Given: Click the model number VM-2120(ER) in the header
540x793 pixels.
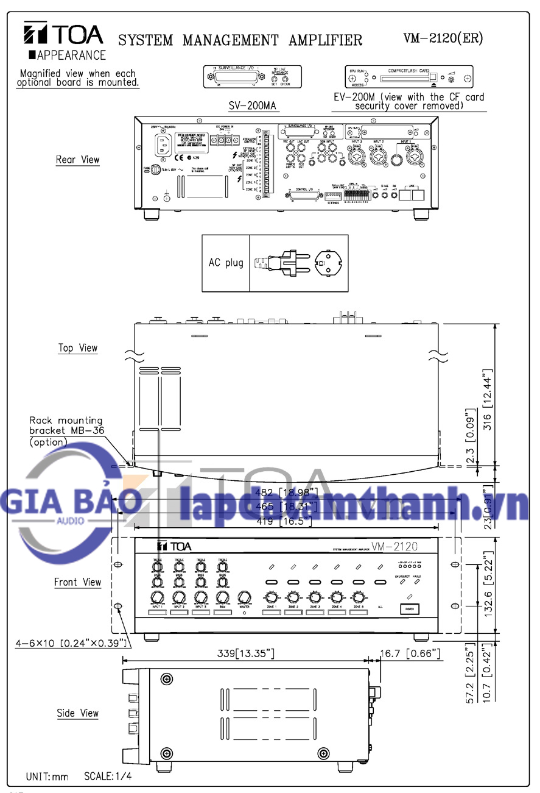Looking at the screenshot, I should click(443, 38).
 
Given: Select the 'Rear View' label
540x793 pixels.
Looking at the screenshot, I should click(77, 160).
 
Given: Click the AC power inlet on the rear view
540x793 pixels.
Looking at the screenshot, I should click(166, 145).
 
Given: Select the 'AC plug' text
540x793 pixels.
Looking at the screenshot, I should click(226, 263).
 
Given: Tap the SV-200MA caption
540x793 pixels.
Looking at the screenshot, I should click(252, 106).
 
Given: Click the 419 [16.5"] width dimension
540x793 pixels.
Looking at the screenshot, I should click(284, 521).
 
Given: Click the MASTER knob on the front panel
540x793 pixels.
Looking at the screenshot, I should click(245, 597).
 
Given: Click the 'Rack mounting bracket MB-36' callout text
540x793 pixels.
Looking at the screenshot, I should click(66, 431).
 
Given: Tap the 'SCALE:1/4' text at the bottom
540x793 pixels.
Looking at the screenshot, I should click(108, 777).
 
